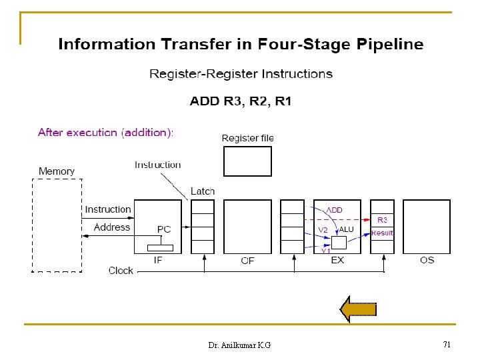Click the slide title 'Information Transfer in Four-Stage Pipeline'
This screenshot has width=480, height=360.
point(241,45)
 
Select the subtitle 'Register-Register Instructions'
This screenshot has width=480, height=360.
point(241,74)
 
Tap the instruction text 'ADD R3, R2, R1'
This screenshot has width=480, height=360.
point(241,102)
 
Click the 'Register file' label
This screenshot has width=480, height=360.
point(247,138)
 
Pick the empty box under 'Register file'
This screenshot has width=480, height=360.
point(247,161)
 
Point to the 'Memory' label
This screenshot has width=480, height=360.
point(57,171)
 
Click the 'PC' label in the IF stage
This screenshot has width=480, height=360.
point(164,229)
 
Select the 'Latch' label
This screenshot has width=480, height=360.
point(203,191)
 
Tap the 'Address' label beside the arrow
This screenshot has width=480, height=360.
point(112,227)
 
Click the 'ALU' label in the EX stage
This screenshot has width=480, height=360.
point(347,229)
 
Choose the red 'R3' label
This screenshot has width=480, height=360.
point(383,219)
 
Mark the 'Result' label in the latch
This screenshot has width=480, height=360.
point(382,233)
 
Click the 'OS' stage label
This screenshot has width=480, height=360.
point(427,260)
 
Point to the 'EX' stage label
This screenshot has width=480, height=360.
point(337,260)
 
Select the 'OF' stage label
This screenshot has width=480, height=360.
point(247,261)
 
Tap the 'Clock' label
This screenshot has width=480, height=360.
point(121,271)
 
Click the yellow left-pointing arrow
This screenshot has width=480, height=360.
point(359,309)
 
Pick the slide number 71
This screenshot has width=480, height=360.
point(447,345)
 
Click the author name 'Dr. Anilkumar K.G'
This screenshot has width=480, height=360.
point(239,345)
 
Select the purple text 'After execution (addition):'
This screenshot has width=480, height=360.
point(106,133)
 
